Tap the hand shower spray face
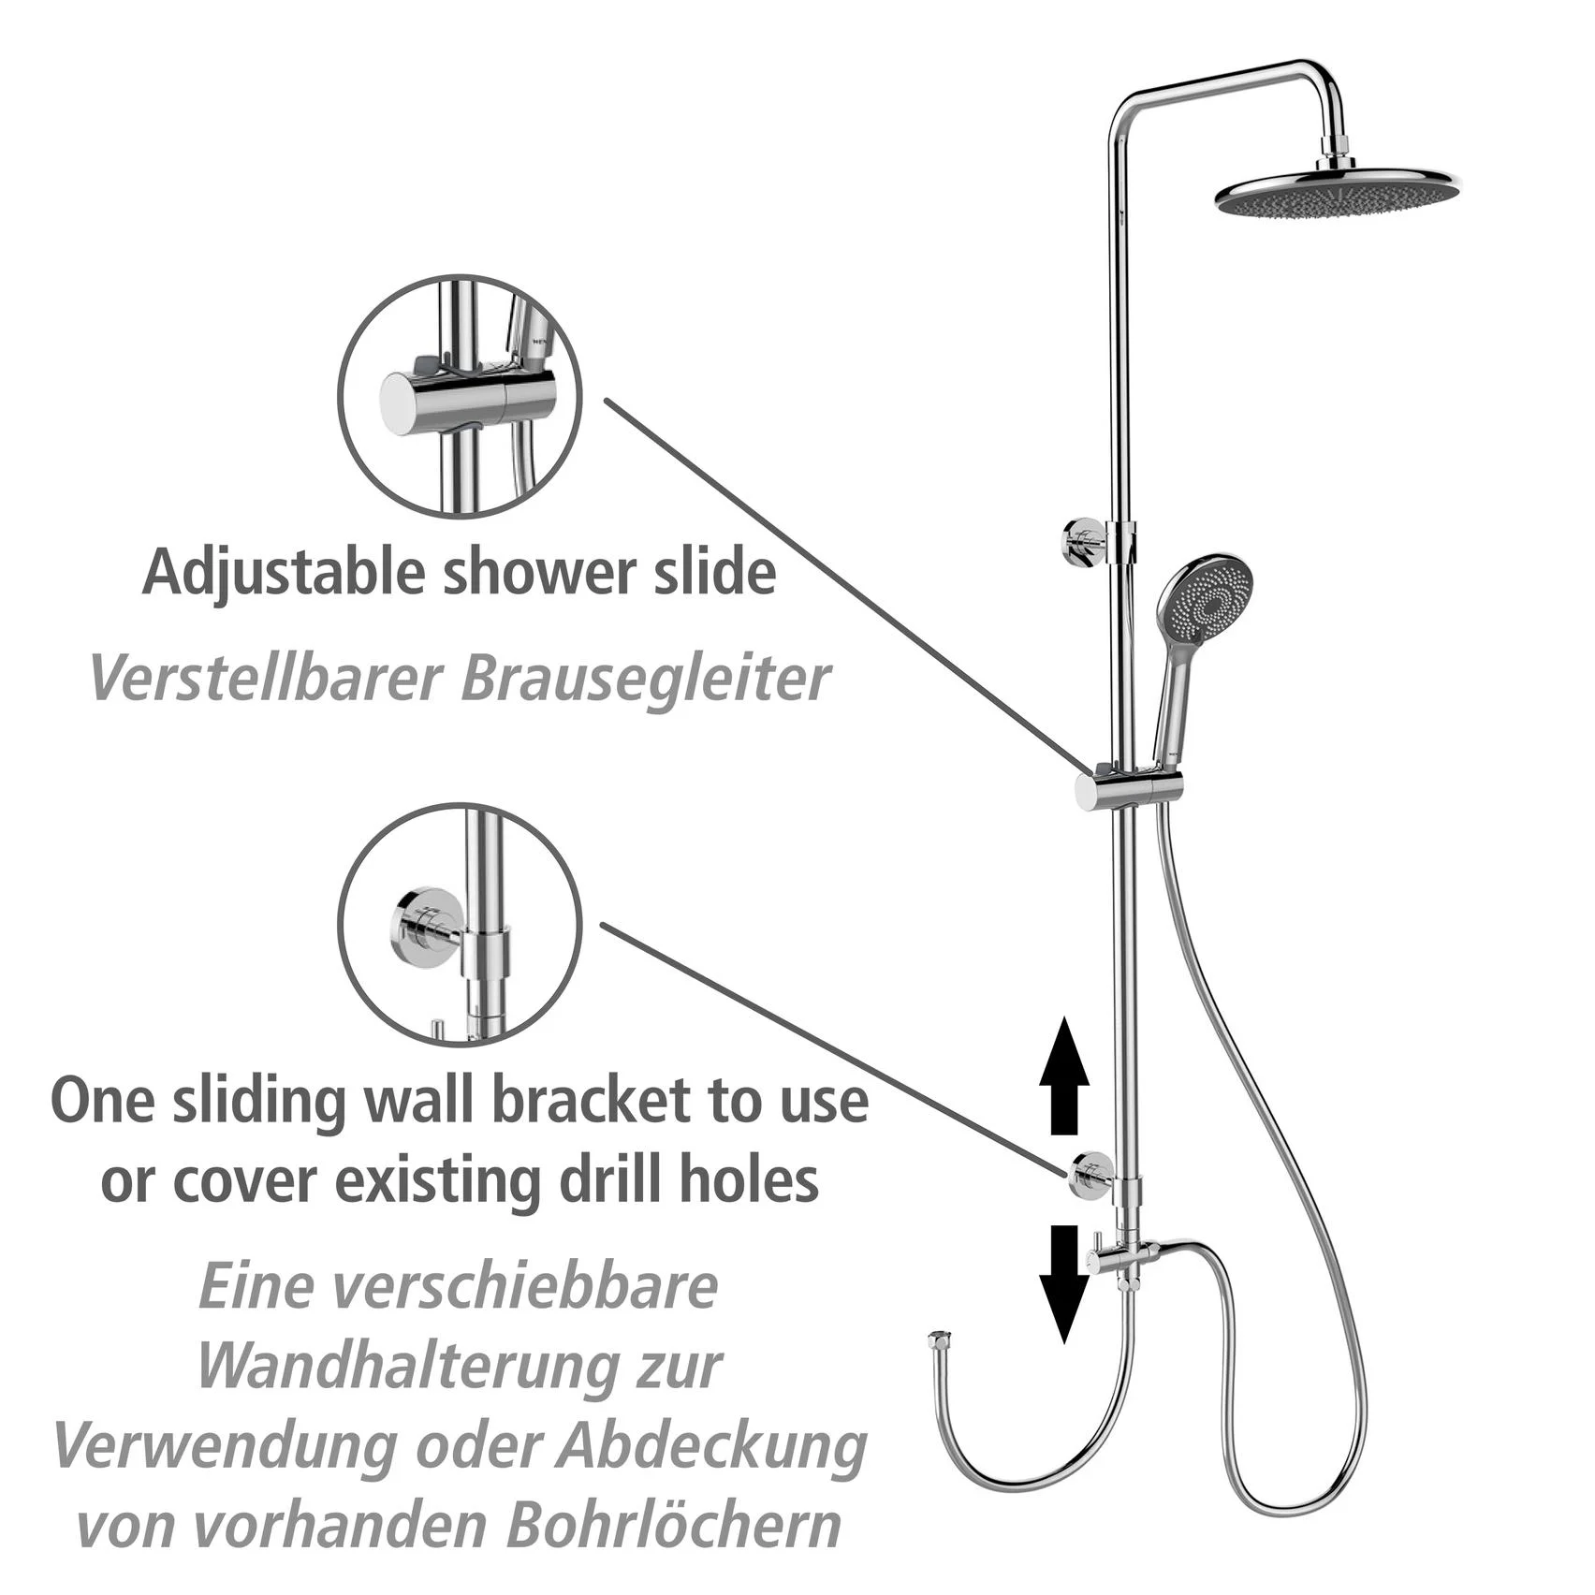[x=1205, y=598]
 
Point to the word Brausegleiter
[x=645, y=679]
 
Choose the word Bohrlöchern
[x=674, y=1529]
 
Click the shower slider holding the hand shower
[x=1128, y=789]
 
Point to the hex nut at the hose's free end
[x=939, y=1339]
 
